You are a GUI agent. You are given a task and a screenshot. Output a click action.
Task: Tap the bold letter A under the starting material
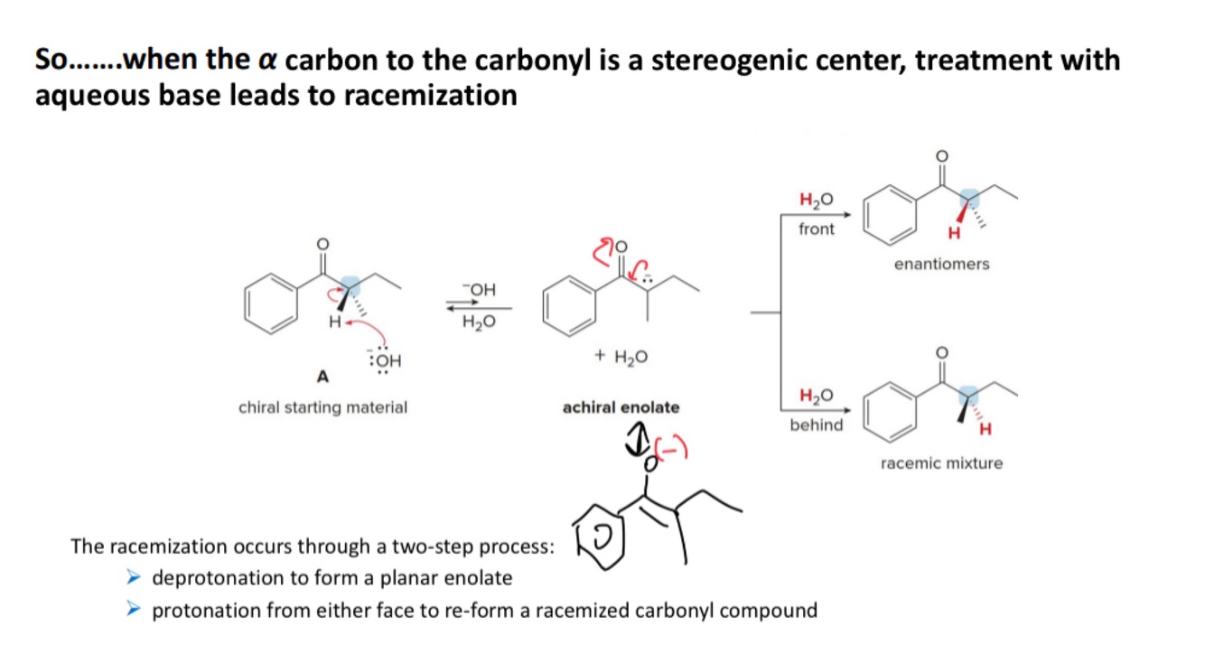pos(322,375)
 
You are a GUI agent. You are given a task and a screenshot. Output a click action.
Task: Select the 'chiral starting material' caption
pos(322,407)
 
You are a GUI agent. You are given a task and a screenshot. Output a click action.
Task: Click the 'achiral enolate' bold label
pos(621,407)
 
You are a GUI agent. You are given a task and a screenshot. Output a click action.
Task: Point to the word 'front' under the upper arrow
pos(817,229)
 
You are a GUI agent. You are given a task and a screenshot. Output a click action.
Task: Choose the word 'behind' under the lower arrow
pos(816,425)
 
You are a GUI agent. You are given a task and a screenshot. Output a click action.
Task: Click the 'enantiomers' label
pos(941,264)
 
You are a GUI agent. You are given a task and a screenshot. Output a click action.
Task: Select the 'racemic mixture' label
pos(941,463)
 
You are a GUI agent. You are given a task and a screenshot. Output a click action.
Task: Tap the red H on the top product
pos(952,235)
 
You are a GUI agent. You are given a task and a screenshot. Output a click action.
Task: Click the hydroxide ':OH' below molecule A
pos(385,360)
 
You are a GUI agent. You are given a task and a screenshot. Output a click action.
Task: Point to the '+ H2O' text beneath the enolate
pos(621,356)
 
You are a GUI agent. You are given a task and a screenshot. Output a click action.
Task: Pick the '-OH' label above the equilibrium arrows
pos(479,289)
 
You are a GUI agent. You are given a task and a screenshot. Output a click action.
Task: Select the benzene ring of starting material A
pos(270,304)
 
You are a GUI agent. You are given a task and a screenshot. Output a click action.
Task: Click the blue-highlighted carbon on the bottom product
pos(968,395)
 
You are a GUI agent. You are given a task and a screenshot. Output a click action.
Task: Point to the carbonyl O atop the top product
pos(941,156)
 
